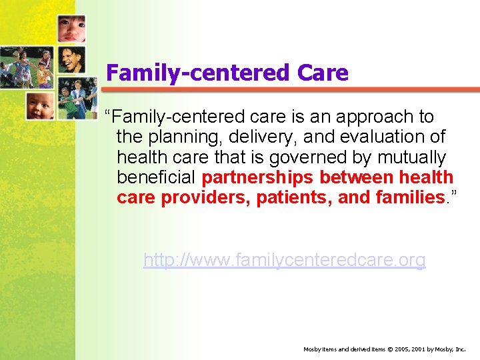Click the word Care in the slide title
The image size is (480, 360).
(x=319, y=73)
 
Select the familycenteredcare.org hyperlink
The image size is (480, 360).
(x=284, y=260)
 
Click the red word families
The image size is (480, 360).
(x=409, y=198)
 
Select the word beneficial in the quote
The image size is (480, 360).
(x=156, y=178)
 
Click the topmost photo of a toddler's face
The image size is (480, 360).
(x=71, y=29)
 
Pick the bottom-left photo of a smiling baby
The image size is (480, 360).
(x=39, y=106)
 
